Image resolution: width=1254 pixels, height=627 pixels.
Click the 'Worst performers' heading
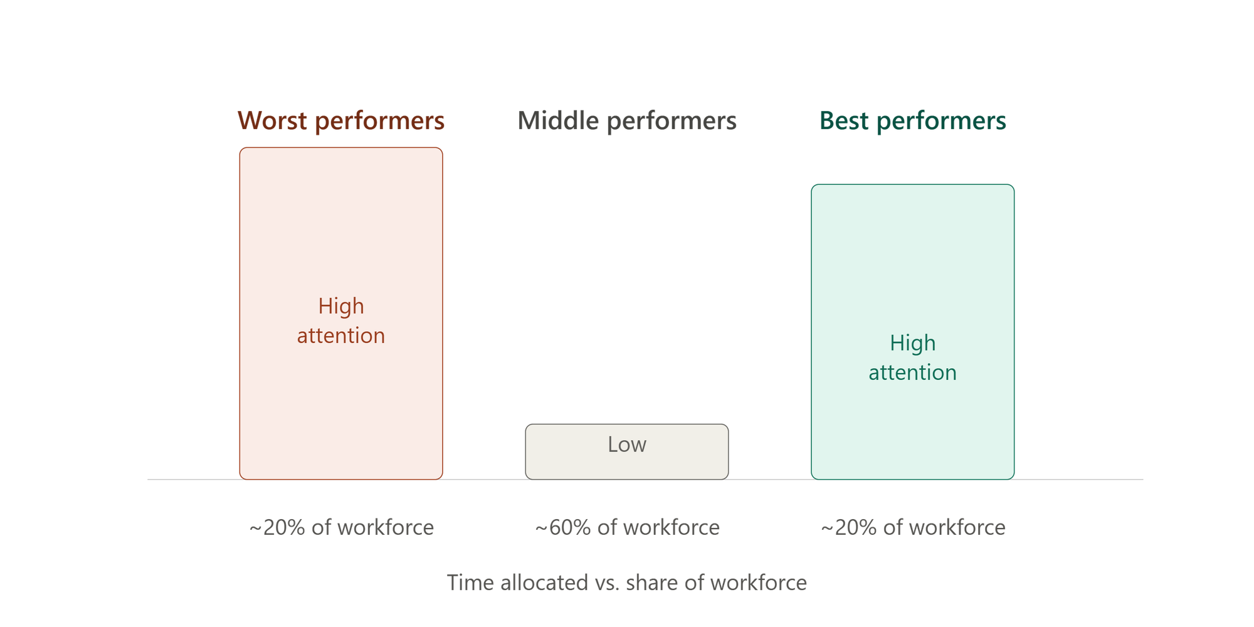pos(341,120)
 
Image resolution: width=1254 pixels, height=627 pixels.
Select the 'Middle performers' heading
pos(627,120)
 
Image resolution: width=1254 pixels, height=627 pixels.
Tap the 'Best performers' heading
pos(913,120)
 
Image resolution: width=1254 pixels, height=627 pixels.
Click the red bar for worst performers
pos(341,313)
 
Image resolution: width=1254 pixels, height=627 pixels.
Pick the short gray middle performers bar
pos(627,452)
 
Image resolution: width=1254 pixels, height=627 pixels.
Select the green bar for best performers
pos(913,332)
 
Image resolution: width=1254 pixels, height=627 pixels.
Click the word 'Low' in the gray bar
pos(627,444)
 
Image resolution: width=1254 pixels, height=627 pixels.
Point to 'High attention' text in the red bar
pos(341,320)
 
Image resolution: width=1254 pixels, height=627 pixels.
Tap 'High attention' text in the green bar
pos(913,357)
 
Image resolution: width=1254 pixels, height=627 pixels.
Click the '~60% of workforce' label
pos(627,527)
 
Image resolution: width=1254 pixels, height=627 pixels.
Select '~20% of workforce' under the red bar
pos(341,527)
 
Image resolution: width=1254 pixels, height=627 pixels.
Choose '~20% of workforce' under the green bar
pos(913,527)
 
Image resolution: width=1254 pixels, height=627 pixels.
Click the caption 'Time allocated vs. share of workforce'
pos(627,582)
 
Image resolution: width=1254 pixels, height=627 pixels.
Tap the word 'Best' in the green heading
pos(845,120)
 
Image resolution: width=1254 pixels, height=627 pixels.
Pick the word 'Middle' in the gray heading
pos(558,120)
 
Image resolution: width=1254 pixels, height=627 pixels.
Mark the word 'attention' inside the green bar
pos(913,372)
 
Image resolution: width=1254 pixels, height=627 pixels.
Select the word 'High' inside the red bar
pos(341,306)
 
